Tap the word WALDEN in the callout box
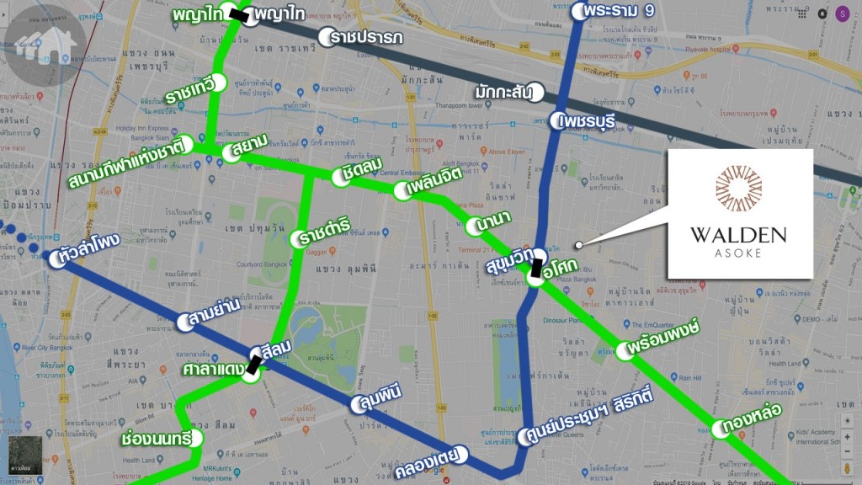(740, 235)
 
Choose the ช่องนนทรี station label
(155, 439)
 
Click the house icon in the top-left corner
(41, 42)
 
